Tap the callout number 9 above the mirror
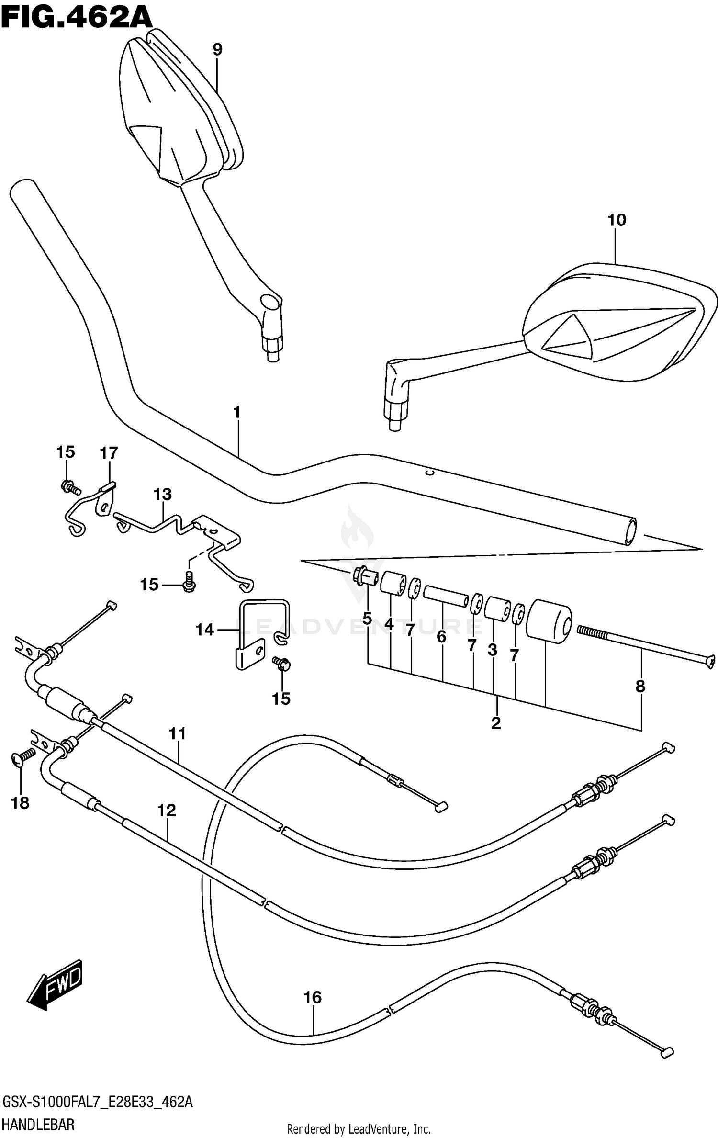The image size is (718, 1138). pyautogui.click(x=217, y=49)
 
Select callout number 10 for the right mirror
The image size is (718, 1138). pyautogui.click(x=617, y=220)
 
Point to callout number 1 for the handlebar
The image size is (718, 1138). pyautogui.click(x=236, y=412)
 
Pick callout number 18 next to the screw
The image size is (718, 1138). pyautogui.click(x=20, y=803)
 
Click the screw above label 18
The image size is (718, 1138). pyautogui.click(x=22, y=757)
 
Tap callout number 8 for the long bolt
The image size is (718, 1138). pyautogui.click(x=640, y=687)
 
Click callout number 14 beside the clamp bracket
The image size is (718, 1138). pyautogui.click(x=205, y=630)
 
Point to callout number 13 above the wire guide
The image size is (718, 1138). pyautogui.click(x=162, y=494)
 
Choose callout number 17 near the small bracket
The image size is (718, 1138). pyautogui.click(x=109, y=452)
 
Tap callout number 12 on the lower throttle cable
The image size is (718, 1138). pyautogui.click(x=167, y=810)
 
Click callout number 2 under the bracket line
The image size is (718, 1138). pyautogui.click(x=496, y=722)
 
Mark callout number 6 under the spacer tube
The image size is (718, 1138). pyautogui.click(x=441, y=637)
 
